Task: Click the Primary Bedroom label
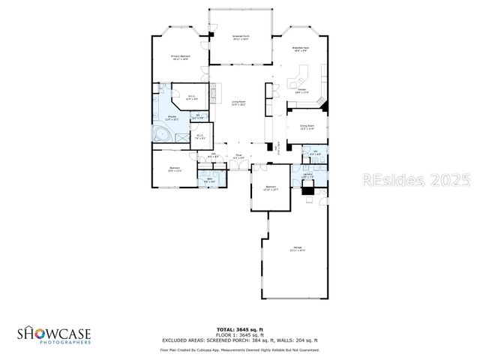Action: coord(180,57)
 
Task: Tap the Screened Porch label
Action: coord(240,36)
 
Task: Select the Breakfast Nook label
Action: coord(301,49)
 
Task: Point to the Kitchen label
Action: coord(301,91)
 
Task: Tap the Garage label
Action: coord(298,249)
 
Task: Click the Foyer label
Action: coord(238,157)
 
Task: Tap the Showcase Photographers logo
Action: coord(54,334)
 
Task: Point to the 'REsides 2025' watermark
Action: coord(416,181)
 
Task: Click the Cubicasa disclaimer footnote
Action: coord(240,349)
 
